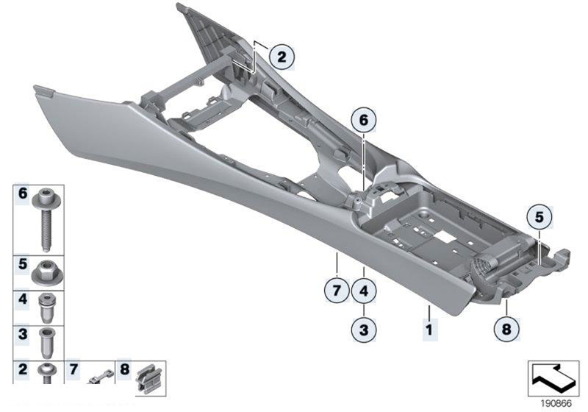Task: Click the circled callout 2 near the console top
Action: pyautogui.click(x=281, y=55)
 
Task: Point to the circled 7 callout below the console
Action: pyautogui.click(x=336, y=291)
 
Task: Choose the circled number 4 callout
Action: pyautogui.click(x=364, y=291)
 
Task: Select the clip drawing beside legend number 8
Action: pyautogui.click(x=150, y=376)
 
